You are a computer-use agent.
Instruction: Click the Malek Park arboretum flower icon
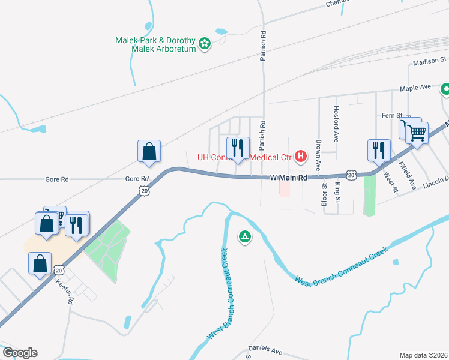pyautogui.click(x=205, y=43)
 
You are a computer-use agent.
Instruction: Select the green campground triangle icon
pyautogui.click(x=244, y=238)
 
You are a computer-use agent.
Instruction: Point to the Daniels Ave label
pyautogui.click(x=265, y=349)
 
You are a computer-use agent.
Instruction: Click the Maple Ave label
pyautogui.click(x=417, y=88)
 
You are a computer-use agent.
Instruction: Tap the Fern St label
pyautogui.click(x=391, y=115)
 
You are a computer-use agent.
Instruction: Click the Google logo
pyautogui.click(x=19, y=353)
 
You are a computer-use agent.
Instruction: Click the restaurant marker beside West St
pyautogui.click(x=379, y=150)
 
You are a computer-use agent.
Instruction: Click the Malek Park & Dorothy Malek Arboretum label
pyautogui.click(x=156, y=44)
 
